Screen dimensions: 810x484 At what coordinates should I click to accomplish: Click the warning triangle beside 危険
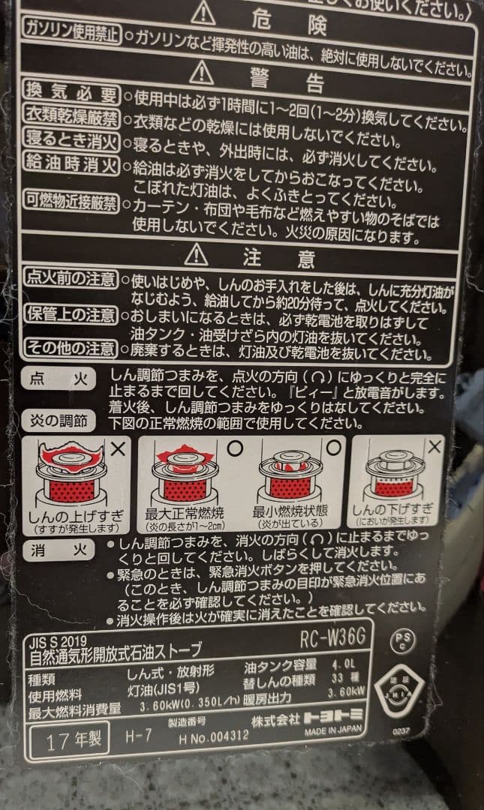click(203, 14)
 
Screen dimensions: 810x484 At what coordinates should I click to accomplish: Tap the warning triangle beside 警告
click(201, 72)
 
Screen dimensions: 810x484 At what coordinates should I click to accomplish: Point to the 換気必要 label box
click(71, 95)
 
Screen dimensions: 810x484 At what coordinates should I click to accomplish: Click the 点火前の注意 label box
click(71, 279)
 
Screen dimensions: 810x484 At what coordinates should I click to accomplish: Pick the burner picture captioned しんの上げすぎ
click(73, 477)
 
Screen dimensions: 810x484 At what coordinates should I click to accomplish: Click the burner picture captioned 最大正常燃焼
click(184, 475)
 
